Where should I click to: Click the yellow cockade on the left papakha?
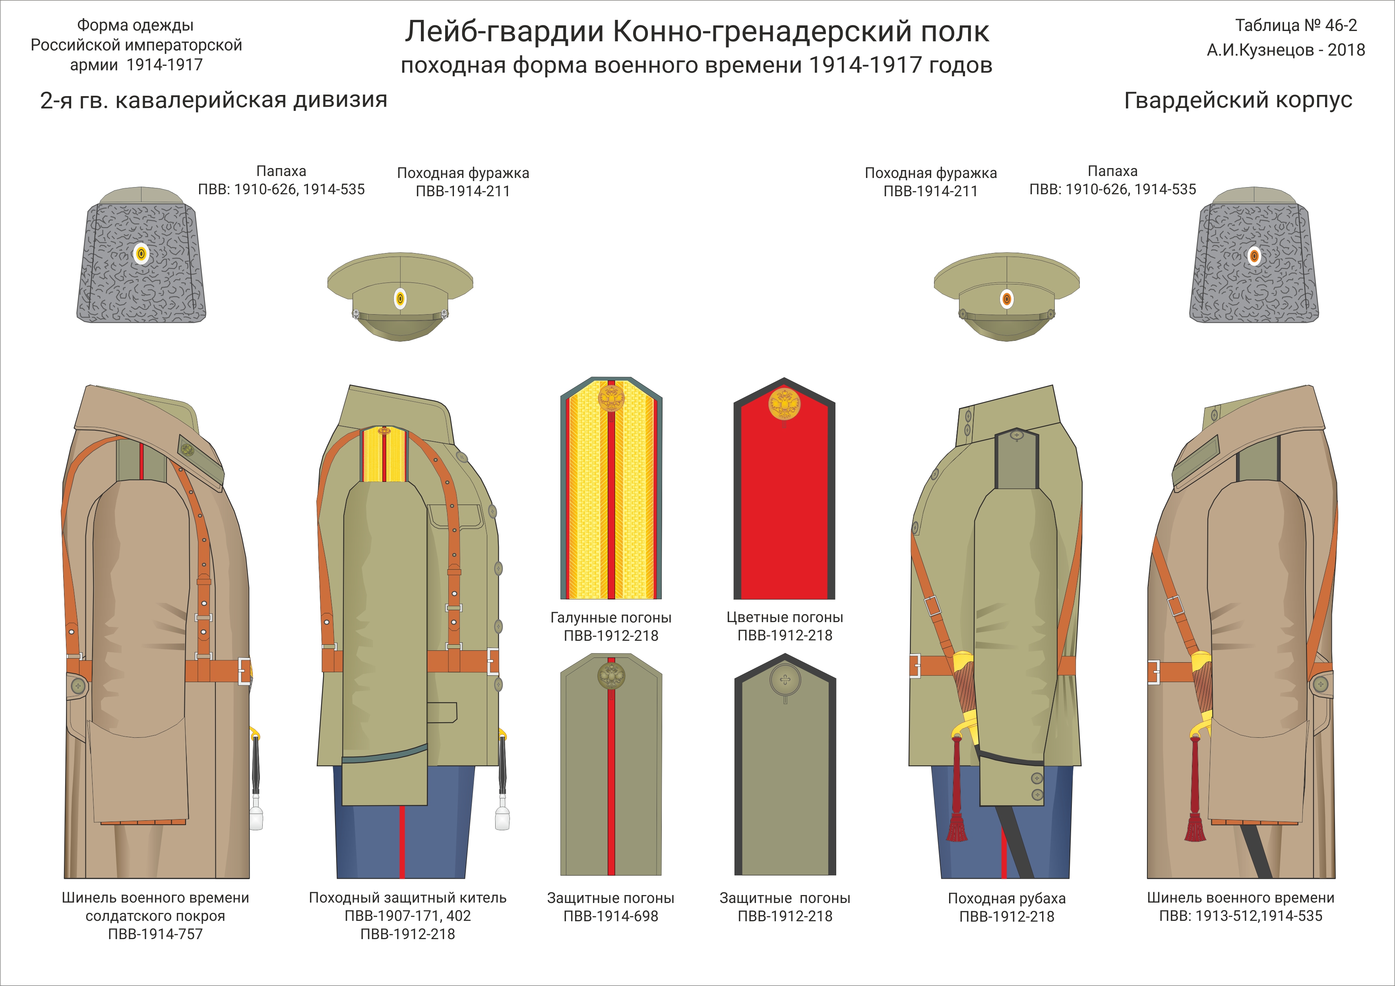(x=141, y=254)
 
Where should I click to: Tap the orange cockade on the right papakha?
(x=1254, y=256)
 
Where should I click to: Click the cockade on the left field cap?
(x=400, y=299)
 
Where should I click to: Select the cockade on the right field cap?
(x=1006, y=299)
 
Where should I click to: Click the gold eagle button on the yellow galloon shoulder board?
(x=610, y=398)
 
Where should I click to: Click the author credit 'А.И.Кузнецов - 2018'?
(x=1286, y=50)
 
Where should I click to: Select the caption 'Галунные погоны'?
(x=610, y=617)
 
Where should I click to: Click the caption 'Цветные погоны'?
(x=785, y=617)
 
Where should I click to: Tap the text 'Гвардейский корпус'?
(x=1238, y=100)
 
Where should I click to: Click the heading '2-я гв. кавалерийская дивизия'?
(x=213, y=100)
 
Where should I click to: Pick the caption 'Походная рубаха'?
(x=1006, y=898)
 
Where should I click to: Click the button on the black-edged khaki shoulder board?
(x=785, y=680)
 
